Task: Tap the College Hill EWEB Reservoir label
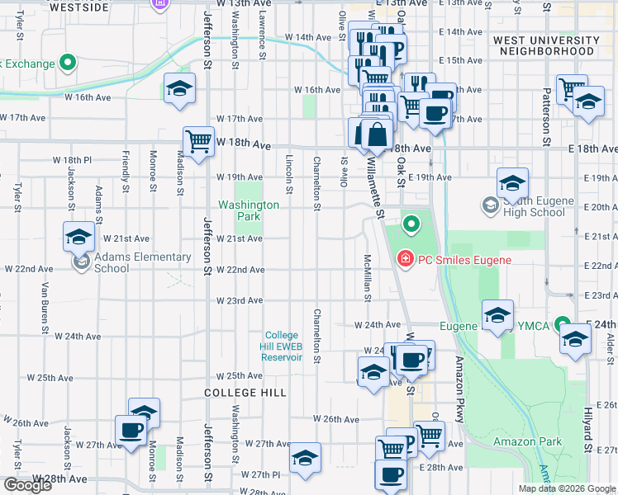click(x=282, y=346)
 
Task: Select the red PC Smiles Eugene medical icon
click(x=405, y=260)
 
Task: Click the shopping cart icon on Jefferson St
click(x=198, y=142)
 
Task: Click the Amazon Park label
click(x=527, y=441)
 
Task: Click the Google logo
click(x=27, y=485)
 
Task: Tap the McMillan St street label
click(x=365, y=276)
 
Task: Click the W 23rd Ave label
click(x=240, y=300)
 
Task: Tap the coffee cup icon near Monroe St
click(x=131, y=430)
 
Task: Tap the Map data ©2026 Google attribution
click(x=566, y=488)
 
